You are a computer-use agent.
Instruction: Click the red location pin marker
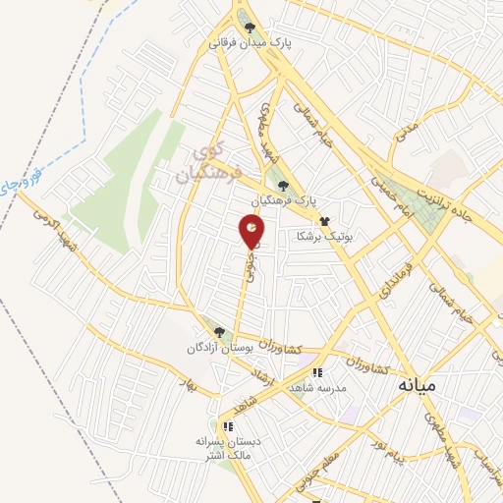click(x=251, y=232)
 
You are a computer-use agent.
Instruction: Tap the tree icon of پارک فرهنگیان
click(x=283, y=185)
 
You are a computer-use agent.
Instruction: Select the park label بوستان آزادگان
click(x=219, y=348)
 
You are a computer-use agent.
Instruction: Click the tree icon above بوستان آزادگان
click(x=219, y=333)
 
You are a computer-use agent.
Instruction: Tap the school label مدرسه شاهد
click(x=316, y=387)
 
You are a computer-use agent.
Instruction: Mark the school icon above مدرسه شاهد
click(x=316, y=373)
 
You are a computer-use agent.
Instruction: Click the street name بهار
click(x=190, y=384)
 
